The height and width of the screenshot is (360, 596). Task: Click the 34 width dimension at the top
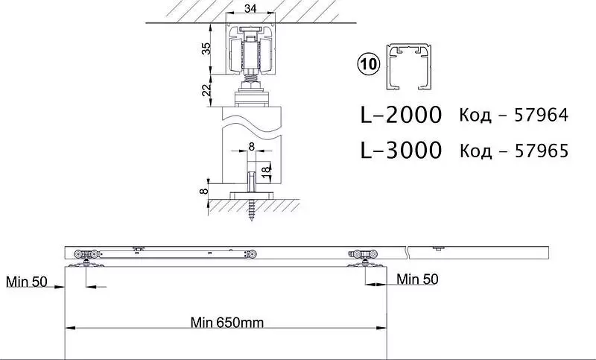click(250, 8)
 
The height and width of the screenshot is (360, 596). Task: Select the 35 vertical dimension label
click(206, 48)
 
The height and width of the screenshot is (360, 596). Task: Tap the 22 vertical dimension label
click(206, 89)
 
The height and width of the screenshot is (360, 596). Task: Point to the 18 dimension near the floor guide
click(267, 168)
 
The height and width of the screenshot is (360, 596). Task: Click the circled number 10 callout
click(368, 64)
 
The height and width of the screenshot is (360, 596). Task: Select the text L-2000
click(401, 115)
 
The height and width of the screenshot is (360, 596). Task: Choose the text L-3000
click(401, 150)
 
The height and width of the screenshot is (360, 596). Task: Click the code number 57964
click(541, 115)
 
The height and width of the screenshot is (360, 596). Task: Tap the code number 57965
click(542, 151)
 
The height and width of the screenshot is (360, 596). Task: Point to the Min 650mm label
click(227, 323)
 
